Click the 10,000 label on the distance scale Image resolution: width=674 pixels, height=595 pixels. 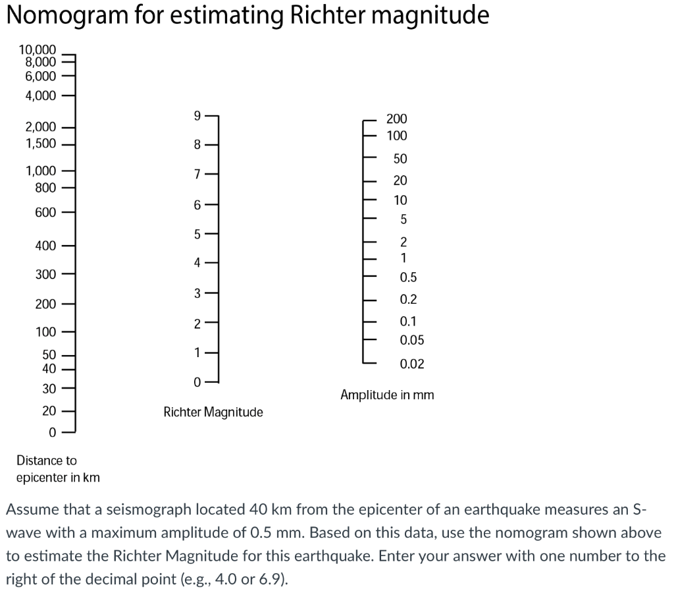(x=38, y=49)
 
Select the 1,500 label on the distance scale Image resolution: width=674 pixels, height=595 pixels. (x=41, y=144)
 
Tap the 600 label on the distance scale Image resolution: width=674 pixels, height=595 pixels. (x=46, y=212)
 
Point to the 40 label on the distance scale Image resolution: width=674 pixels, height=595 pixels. (x=49, y=369)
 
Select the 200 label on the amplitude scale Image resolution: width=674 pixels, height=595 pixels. (x=396, y=119)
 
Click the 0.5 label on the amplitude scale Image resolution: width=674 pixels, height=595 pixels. (x=408, y=277)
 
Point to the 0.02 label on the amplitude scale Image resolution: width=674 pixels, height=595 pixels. (x=412, y=364)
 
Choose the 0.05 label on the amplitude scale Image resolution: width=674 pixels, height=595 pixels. (x=412, y=340)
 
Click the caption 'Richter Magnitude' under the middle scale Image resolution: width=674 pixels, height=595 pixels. (x=213, y=412)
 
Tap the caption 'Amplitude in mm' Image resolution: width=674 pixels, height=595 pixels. (x=387, y=395)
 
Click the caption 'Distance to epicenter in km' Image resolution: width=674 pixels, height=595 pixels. (x=58, y=468)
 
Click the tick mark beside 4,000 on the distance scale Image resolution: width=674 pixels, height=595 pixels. (x=70, y=96)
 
